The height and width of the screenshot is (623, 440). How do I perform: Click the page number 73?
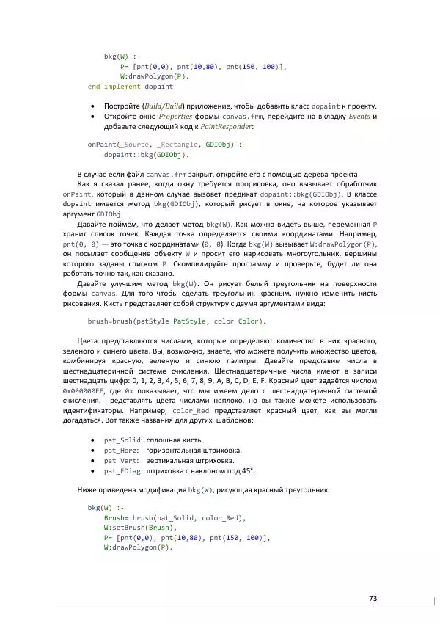[373, 598]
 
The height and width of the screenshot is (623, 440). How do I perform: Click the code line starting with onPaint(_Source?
[167, 145]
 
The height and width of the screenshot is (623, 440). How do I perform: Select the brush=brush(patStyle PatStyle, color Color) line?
[177, 321]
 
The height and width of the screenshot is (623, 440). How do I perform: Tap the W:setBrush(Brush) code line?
[141, 528]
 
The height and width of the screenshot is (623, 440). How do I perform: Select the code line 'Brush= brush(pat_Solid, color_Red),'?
[175, 517]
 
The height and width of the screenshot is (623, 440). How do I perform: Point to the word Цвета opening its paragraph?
[88, 341]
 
